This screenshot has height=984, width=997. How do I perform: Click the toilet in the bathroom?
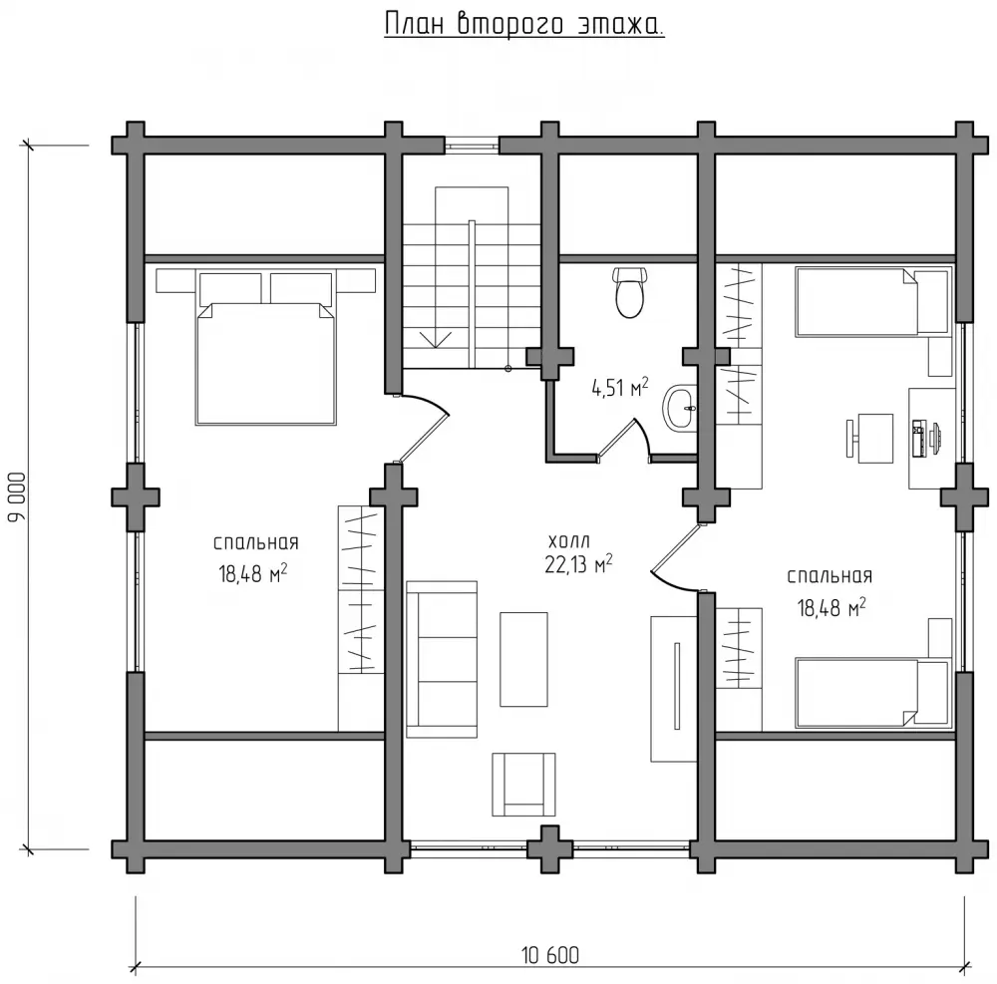pos(629,292)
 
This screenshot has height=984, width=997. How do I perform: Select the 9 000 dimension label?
pos(18,496)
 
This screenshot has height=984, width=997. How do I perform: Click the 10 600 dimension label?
pos(550,955)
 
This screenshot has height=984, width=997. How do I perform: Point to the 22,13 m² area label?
pos(578,564)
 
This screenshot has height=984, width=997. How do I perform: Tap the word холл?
pos(569,541)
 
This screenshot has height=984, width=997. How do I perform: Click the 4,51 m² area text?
pos(620,387)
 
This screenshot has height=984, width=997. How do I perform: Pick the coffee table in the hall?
pos(524,659)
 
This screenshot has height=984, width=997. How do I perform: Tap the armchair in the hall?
pos(523,785)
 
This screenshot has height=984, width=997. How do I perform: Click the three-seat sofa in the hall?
pos(442,659)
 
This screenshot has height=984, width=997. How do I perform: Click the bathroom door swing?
pos(624,440)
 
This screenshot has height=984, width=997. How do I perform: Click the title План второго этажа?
pos(524,26)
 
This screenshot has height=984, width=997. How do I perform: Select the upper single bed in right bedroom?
pos(871,302)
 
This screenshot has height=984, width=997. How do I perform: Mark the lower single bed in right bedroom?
pos(871,693)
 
